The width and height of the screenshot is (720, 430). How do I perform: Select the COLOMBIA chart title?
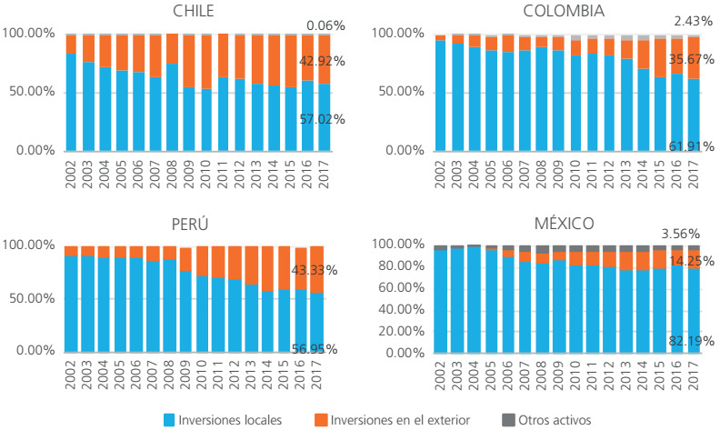tap(564, 11)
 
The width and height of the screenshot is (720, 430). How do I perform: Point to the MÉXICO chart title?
tap(564, 224)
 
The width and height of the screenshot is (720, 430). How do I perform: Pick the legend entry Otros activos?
tap(555, 420)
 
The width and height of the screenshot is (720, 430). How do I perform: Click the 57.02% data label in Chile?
tap(322, 120)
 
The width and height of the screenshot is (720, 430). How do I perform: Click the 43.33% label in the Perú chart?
tap(314, 271)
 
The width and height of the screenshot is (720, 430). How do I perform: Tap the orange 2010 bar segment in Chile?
tap(205, 62)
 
